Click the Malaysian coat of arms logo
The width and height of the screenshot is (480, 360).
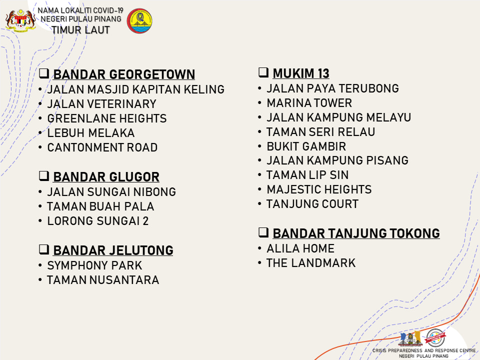point(20,20)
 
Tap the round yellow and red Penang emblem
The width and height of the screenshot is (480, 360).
point(139,21)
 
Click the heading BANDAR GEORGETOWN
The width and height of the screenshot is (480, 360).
point(124,74)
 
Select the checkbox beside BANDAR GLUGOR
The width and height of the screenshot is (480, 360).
point(44,176)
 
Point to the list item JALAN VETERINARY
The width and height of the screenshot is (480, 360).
point(101,104)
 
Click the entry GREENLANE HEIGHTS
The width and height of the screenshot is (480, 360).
point(107,118)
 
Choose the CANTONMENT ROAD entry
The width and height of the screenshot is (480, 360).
point(102,147)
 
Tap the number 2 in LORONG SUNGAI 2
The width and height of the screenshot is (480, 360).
point(145,221)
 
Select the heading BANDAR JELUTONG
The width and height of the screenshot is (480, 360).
point(113,250)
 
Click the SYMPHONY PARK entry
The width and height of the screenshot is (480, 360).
point(94,265)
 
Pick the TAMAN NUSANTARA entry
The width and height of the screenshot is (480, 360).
point(103,280)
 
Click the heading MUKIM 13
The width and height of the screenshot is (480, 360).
point(301,73)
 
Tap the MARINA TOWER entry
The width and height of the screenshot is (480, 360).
point(309,103)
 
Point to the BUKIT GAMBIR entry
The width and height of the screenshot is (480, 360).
point(306,146)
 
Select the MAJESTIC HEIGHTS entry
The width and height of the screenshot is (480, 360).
point(319,189)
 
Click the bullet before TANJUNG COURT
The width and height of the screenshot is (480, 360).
point(259,204)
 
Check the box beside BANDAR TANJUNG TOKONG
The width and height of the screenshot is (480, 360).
point(263,232)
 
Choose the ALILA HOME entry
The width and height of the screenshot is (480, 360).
point(300,248)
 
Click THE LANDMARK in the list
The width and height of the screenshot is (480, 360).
point(311,263)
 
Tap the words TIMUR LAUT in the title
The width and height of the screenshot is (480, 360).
point(80,30)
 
